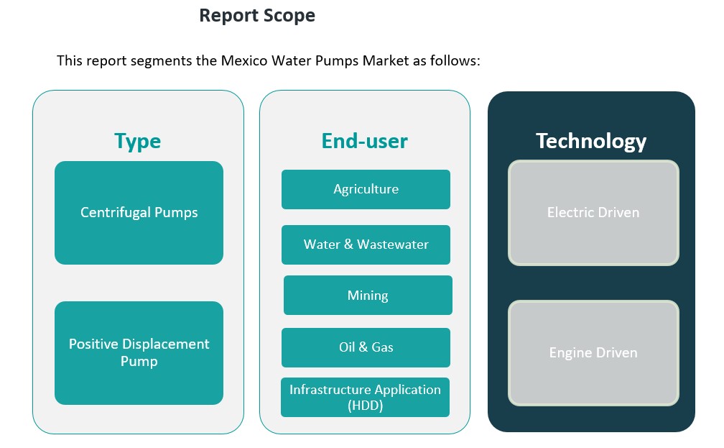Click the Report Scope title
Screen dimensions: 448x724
pyautogui.click(x=256, y=15)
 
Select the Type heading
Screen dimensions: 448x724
pyautogui.click(x=137, y=141)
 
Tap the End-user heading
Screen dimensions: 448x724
pyautogui.click(x=364, y=141)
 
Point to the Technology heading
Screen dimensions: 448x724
pyautogui.click(x=590, y=141)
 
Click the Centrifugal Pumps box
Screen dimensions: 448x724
pyautogui.click(x=139, y=212)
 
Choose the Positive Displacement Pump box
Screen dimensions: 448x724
pyautogui.click(x=139, y=352)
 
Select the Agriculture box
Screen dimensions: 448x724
pyautogui.click(x=366, y=189)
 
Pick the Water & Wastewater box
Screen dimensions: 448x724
pyautogui.click(x=366, y=244)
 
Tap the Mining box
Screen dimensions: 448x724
pyautogui.click(x=368, y=295)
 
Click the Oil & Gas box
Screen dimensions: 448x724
pyautogui.click(x=366, y=347)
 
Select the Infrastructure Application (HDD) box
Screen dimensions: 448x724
pyautogui.click(x=365, y=397)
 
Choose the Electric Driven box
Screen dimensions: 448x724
pyautogui.click(x=593, y=213)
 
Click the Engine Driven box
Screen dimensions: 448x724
pyautogui.click(x=593, y=352)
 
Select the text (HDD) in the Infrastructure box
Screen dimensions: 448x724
pyautogui.click(x=365, y=405)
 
